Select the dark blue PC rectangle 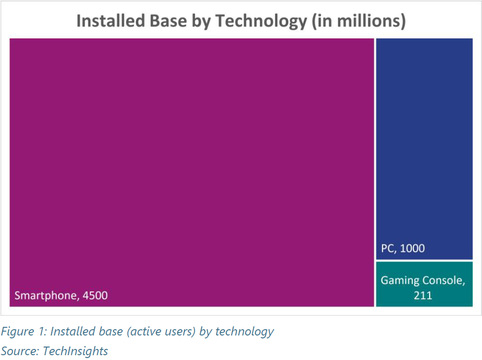point(424,144)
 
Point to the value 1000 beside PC point(412,248)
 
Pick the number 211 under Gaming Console point(423,295)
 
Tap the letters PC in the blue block point(387,248)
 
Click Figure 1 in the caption point(22,332)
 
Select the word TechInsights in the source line point(75,351)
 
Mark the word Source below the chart point(19,351)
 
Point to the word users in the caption point(179,332)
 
